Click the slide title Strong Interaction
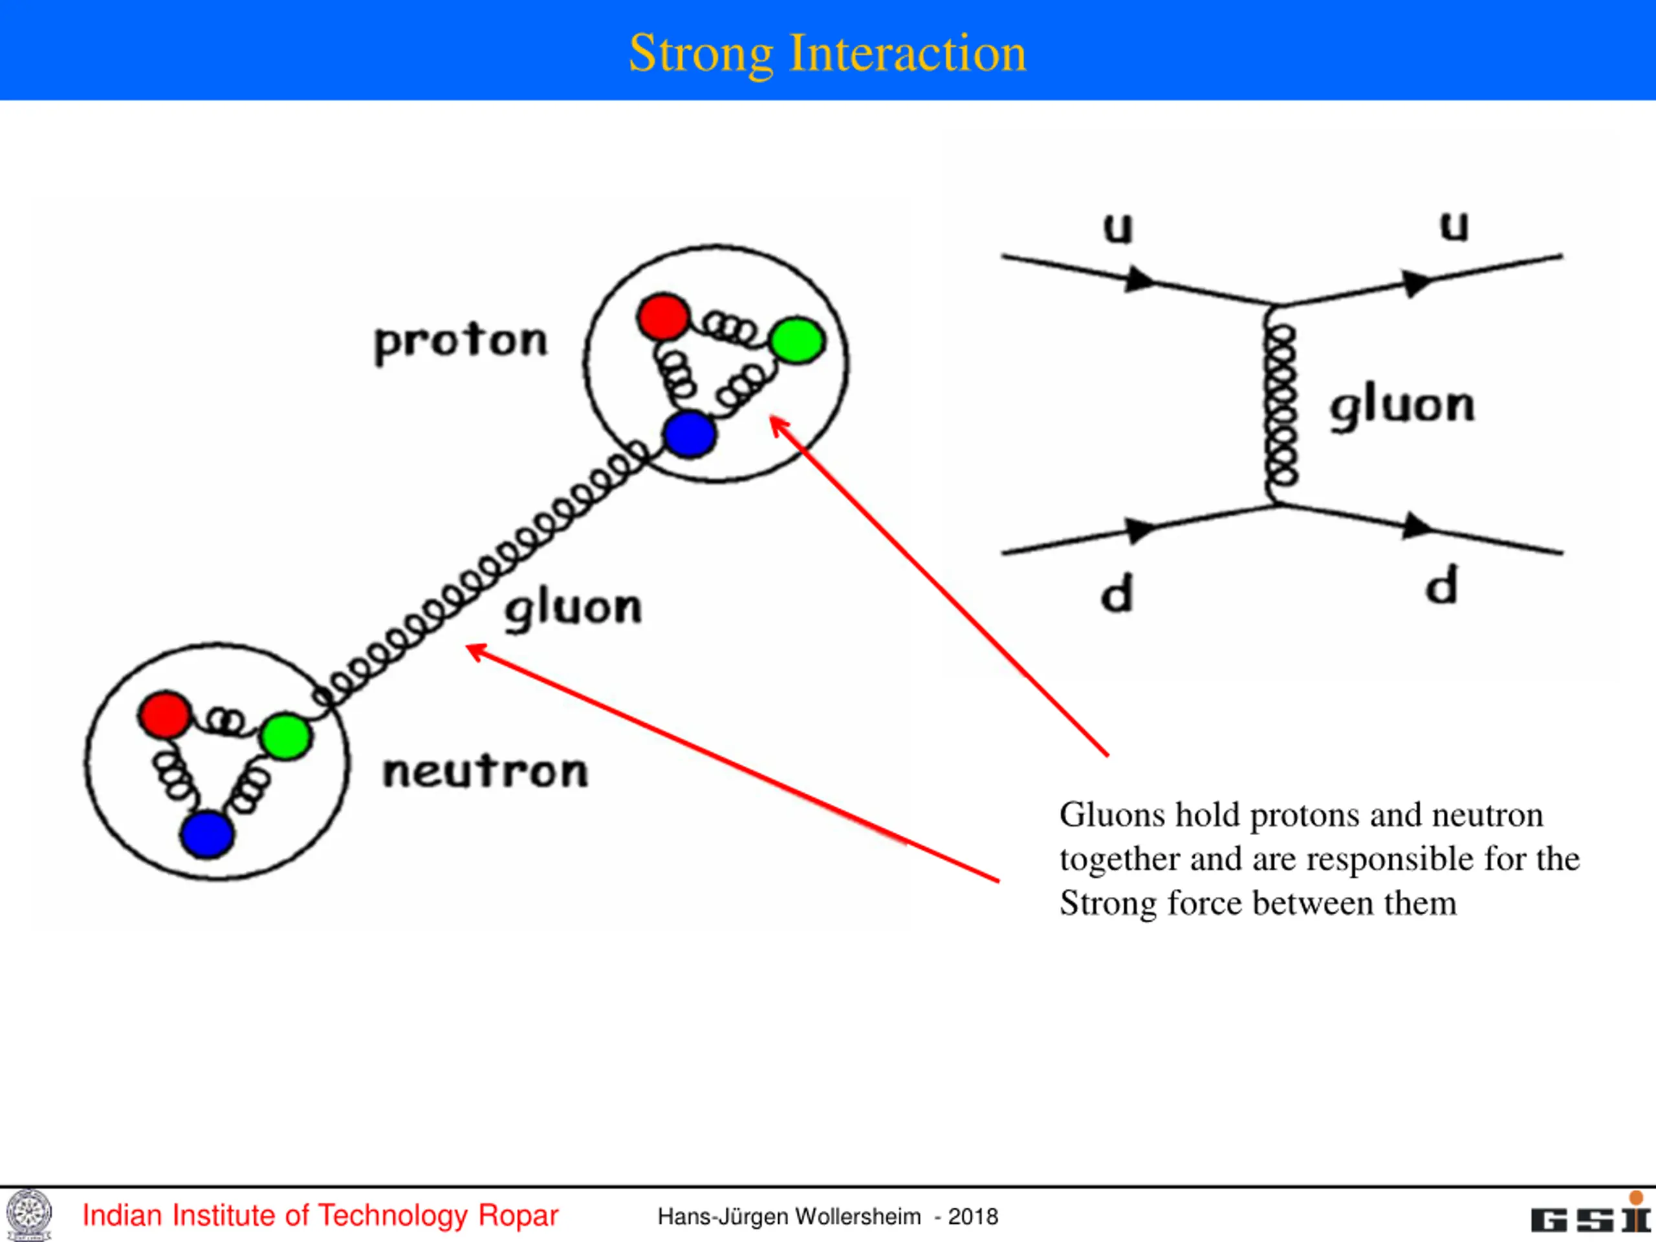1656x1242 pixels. coord(827,54)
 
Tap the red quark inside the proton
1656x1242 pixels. coord(663,317)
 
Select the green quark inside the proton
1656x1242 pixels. coord(798,341)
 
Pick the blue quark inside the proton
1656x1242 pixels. coord(690,434)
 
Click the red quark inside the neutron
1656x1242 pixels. coord(165,715)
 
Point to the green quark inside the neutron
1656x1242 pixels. coord(286,737)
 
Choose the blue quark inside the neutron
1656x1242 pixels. coord(206,834)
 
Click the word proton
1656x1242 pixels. coord(461,343)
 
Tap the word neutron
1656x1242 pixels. coord(485,771)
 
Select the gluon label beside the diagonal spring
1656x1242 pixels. coord(574,609)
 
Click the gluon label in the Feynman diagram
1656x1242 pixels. coord(1402,408)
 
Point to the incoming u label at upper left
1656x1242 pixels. coord(1118,228)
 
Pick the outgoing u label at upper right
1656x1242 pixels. coord(1454,226)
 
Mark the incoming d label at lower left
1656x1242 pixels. coord(1117,594)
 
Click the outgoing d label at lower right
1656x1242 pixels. coord(1441,585)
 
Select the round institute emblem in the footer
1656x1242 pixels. coord(29,1215)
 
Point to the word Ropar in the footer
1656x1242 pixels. coord(518,1215)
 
